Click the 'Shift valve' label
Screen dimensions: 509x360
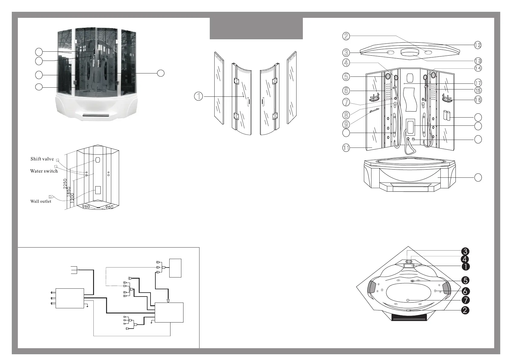[x=42, y=159]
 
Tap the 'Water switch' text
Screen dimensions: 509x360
[x=44, y=171]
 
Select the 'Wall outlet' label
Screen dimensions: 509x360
[x=41, y=201]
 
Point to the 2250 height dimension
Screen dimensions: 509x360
[x=65, y=184]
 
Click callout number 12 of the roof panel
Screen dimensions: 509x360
[x=477, y=45]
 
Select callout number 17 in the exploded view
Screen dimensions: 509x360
[x=478, y=83]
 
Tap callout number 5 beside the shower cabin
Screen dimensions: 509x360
[x=346, y=77]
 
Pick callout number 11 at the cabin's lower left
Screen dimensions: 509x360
[x=346, y=148]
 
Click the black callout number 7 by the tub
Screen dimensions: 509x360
[x=465, y=300]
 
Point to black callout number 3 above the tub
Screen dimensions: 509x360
[x=465, y=251]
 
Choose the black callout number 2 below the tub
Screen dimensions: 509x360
[x=465, y=310]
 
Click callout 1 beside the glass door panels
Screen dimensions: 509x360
[x=198, y=96]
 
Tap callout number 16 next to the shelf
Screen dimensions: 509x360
[x=478, y=99]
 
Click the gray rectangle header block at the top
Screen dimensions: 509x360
[x=256, y=28]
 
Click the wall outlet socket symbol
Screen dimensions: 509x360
[x=51, y=197]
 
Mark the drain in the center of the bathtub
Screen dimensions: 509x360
[x=408, y=300]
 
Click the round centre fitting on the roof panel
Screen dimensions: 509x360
[x=408, y=52]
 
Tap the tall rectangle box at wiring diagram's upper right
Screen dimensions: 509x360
[x=175, y=268]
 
